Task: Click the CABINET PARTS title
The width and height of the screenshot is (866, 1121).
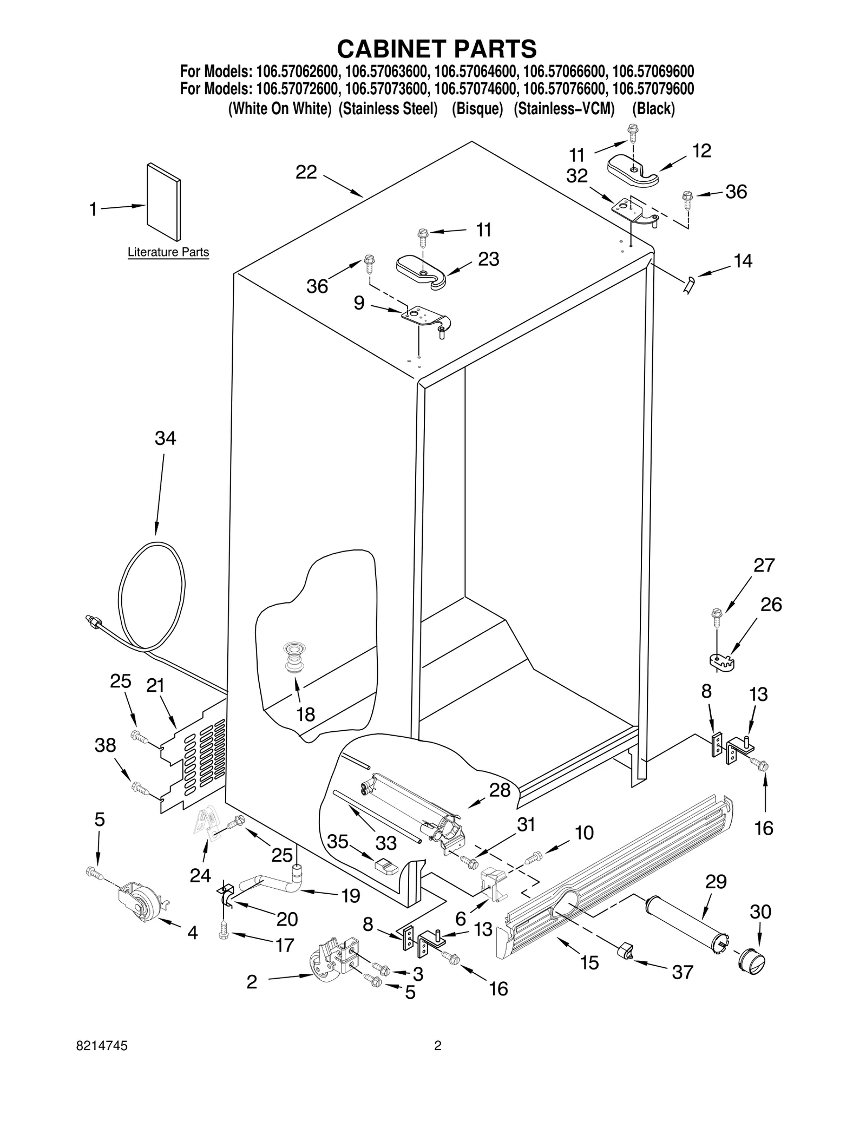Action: tap(437, 49)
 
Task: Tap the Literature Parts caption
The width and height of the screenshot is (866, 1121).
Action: tap(168, 252)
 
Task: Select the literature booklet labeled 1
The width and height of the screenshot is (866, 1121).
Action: tap(163, 201)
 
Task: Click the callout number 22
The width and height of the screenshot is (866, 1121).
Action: tap(306, 173)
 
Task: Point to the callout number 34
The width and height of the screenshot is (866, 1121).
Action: tap(165, 438)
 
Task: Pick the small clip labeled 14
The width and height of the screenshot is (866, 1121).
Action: tap(689, 284)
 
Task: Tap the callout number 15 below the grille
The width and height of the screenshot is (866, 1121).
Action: tap(589, 962)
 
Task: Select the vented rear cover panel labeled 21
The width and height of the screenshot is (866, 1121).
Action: tap(195, 761)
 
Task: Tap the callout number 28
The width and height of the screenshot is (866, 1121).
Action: tap(500, 790)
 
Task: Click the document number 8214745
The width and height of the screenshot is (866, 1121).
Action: tap(103, 1061)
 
